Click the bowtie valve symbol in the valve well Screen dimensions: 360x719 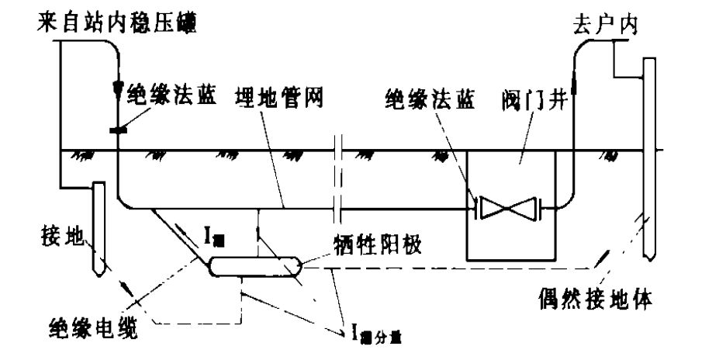pyautogui.click(x=506, y=208)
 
